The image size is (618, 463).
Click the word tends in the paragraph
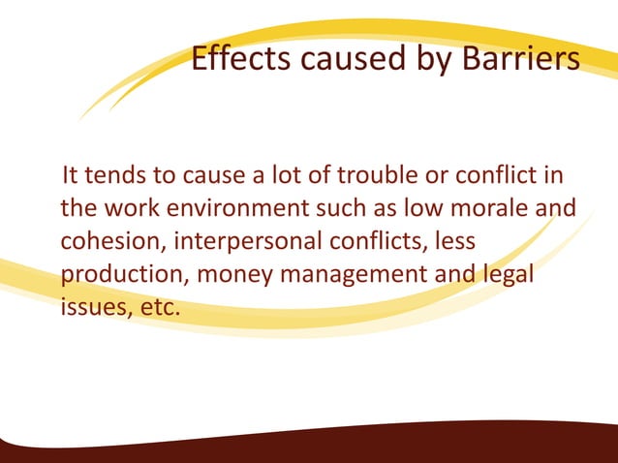point(115,178)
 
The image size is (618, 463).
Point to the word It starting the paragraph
point(72,178)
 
